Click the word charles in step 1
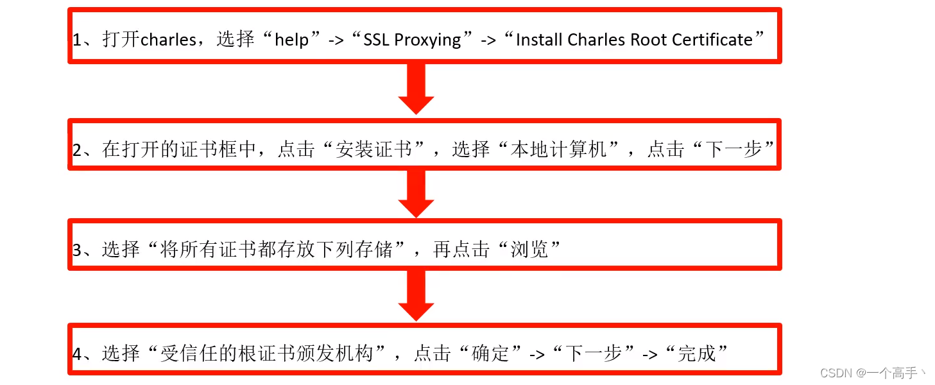(168, 40)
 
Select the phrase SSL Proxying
(412, 40)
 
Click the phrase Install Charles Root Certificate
(634, 40)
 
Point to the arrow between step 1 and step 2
(416, 90)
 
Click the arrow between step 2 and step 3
(416, 194)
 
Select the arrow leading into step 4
(416, 295)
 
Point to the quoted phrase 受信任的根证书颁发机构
(269, 353)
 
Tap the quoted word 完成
(697, 353)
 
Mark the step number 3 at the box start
(78, 250)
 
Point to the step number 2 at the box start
(78, 150)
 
